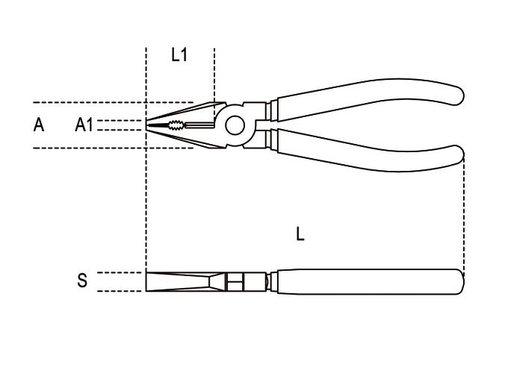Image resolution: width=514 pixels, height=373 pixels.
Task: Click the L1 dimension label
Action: (179, 54)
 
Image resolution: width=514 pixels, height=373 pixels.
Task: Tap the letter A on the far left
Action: (39, 125)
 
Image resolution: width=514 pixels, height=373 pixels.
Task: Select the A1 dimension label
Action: (84, 125)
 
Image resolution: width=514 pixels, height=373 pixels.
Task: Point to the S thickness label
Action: (82, 280)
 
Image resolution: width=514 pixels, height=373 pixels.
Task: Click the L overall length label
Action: (300, 234)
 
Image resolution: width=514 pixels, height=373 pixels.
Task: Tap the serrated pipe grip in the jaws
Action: (176, 125)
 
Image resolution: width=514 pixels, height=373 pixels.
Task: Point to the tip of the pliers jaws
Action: (146, 125)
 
